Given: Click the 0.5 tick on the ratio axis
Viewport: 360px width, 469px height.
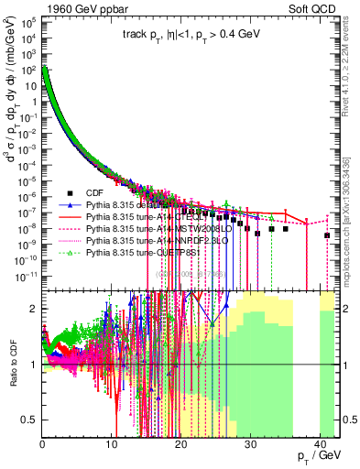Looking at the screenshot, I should click(30, 420).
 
